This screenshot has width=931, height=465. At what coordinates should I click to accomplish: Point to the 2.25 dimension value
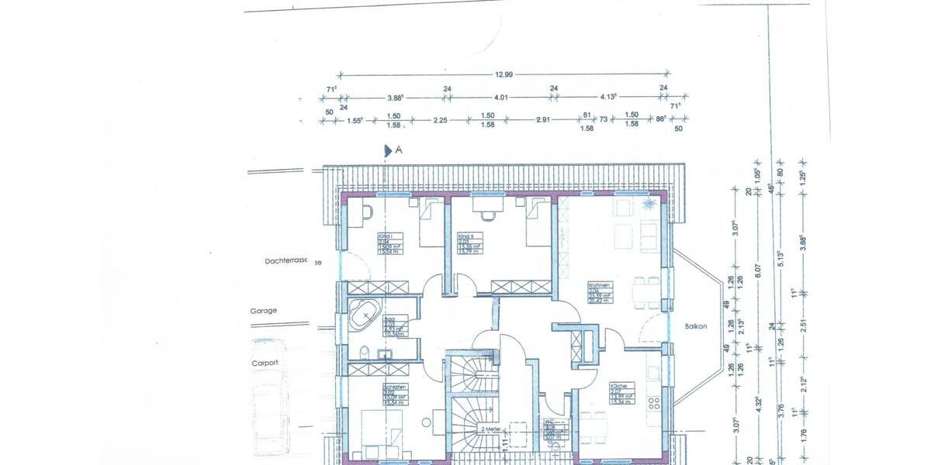point(440,120)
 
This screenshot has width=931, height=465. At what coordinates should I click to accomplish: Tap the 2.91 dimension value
point(542,120)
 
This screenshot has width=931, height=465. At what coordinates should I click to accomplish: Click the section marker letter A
point(399,150)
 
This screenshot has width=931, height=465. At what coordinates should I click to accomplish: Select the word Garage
point(263,310)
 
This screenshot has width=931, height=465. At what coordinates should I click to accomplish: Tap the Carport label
point(264,362)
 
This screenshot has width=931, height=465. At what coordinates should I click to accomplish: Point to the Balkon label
point(696,326)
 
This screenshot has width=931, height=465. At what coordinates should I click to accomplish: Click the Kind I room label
point(385,236)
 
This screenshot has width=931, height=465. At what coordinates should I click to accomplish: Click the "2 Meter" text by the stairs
point(492,428)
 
